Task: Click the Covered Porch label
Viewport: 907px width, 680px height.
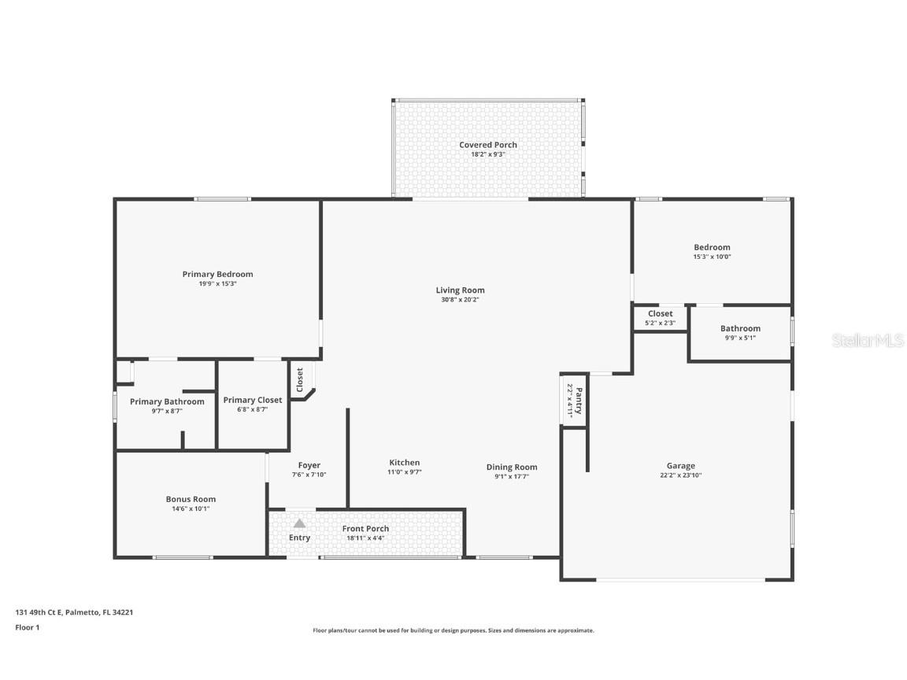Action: [488, 145]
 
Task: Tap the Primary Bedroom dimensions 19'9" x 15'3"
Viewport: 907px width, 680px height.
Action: [217, 284]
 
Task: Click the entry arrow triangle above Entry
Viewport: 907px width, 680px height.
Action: [299, 523]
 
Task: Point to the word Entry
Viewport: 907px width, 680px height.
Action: [299, 538]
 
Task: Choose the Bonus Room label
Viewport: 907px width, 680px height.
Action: [191, 499]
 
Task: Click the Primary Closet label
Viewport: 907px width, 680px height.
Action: [252, 400]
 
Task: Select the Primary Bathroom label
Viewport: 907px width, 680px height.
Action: [167, 401]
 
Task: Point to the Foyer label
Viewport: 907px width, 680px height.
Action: [309, 465]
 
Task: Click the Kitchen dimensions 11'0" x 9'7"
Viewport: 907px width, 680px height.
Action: [405, 472]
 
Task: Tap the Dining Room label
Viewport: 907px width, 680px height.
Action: [512, 467]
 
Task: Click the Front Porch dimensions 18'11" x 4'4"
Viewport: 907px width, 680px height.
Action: [365, 538]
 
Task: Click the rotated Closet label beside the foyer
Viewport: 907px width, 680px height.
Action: [299, 381]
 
